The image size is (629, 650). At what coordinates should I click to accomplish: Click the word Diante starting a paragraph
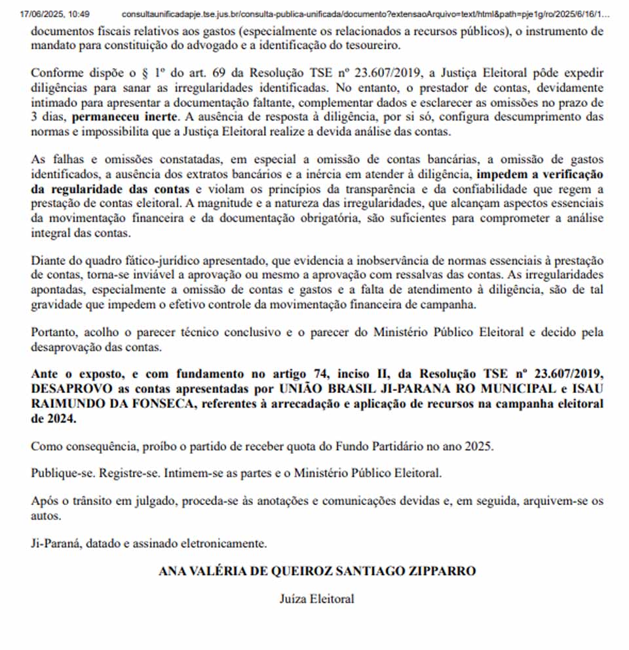pyautogui.click(x=48, y=261)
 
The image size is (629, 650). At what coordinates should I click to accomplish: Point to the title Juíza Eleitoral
pyautogui.click(x=316, y=598)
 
